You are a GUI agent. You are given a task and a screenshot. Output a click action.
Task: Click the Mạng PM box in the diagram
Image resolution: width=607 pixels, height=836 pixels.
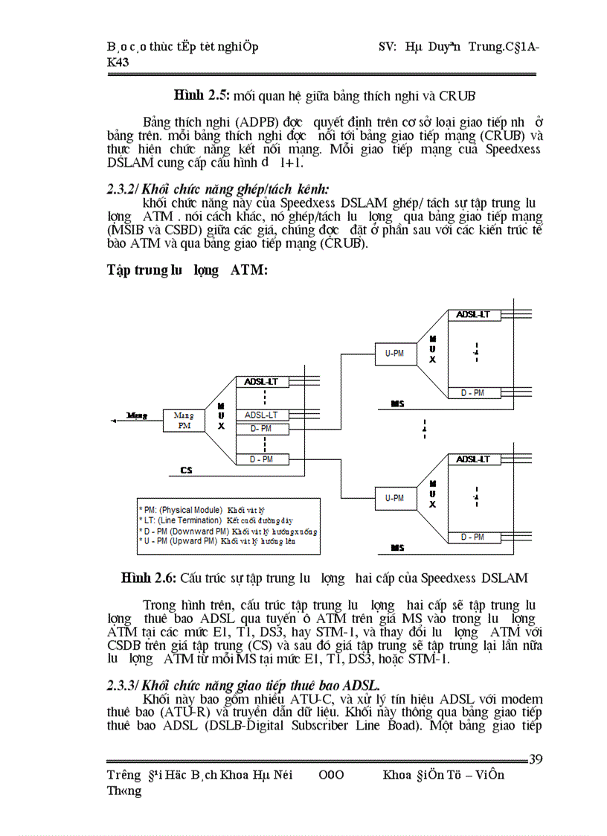183,420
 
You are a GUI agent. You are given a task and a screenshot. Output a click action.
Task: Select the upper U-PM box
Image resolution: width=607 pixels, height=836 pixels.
394,354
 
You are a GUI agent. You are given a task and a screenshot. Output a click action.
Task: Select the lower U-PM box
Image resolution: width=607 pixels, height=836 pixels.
394,497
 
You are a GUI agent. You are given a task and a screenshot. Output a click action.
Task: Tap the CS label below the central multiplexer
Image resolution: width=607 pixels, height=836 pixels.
187,470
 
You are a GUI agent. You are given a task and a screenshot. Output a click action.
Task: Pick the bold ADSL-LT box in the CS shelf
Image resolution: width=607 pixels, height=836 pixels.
261,382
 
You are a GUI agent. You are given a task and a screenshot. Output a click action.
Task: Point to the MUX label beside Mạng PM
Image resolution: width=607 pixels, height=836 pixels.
221,416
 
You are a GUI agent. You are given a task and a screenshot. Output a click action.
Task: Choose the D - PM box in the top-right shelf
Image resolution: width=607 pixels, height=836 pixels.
472,392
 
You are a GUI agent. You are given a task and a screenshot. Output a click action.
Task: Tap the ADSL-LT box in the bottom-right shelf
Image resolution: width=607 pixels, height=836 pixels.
473,460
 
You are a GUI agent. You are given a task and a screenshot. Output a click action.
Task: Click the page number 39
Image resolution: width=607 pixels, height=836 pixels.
535,759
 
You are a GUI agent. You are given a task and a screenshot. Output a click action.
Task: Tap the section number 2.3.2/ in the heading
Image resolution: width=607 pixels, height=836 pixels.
123,191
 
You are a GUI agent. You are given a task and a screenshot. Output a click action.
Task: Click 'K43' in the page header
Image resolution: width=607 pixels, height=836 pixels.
118,63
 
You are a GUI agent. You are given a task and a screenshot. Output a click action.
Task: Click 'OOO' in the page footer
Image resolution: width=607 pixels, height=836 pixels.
331,775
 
